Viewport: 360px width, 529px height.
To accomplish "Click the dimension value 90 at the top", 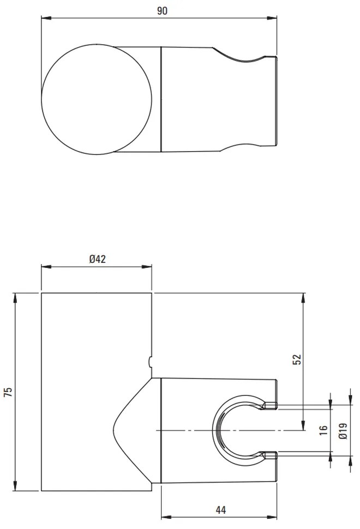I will [161, 10].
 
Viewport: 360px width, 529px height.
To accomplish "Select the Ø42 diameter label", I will [97, 259].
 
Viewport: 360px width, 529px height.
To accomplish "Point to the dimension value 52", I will [297, 359].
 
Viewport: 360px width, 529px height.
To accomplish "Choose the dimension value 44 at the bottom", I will [220, 510].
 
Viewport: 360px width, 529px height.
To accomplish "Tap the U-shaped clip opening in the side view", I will [240, 429].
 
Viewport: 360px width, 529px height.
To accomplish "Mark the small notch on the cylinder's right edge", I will [151, 360].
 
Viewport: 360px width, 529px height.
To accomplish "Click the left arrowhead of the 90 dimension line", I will [46, 18].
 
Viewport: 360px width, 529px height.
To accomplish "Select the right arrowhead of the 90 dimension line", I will [275, 18].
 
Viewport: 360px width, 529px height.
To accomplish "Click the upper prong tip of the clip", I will [272, 405].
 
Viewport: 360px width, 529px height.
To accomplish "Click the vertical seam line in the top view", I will [161, 99].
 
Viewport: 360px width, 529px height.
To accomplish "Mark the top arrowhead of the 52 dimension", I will [303, 297].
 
